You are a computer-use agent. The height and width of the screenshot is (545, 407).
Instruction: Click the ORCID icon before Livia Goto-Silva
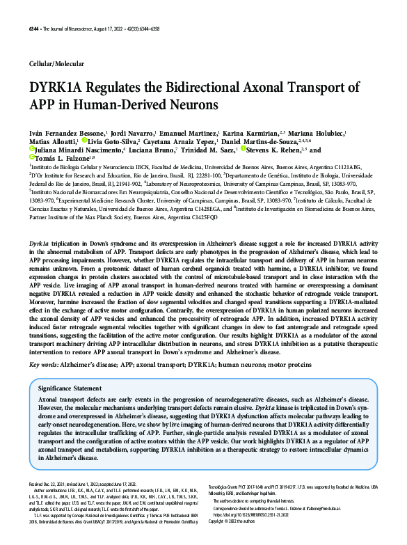coord(84,141)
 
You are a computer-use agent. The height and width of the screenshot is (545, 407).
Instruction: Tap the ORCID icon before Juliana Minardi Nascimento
coord(33,150)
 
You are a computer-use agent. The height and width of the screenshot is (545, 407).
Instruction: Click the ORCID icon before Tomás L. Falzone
coord(33,159)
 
